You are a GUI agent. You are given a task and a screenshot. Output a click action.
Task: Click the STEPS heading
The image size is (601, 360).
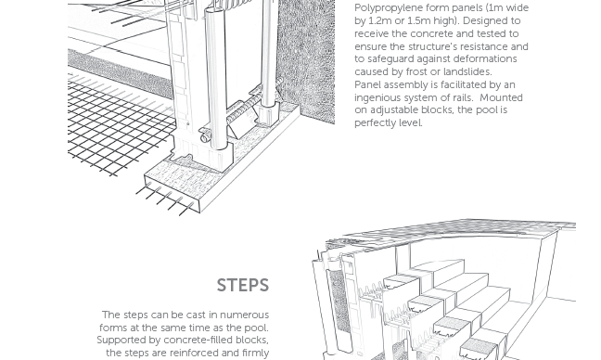[x=243, y=285]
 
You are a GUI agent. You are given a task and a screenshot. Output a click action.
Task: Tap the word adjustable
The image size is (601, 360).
[x=393, y=110]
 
